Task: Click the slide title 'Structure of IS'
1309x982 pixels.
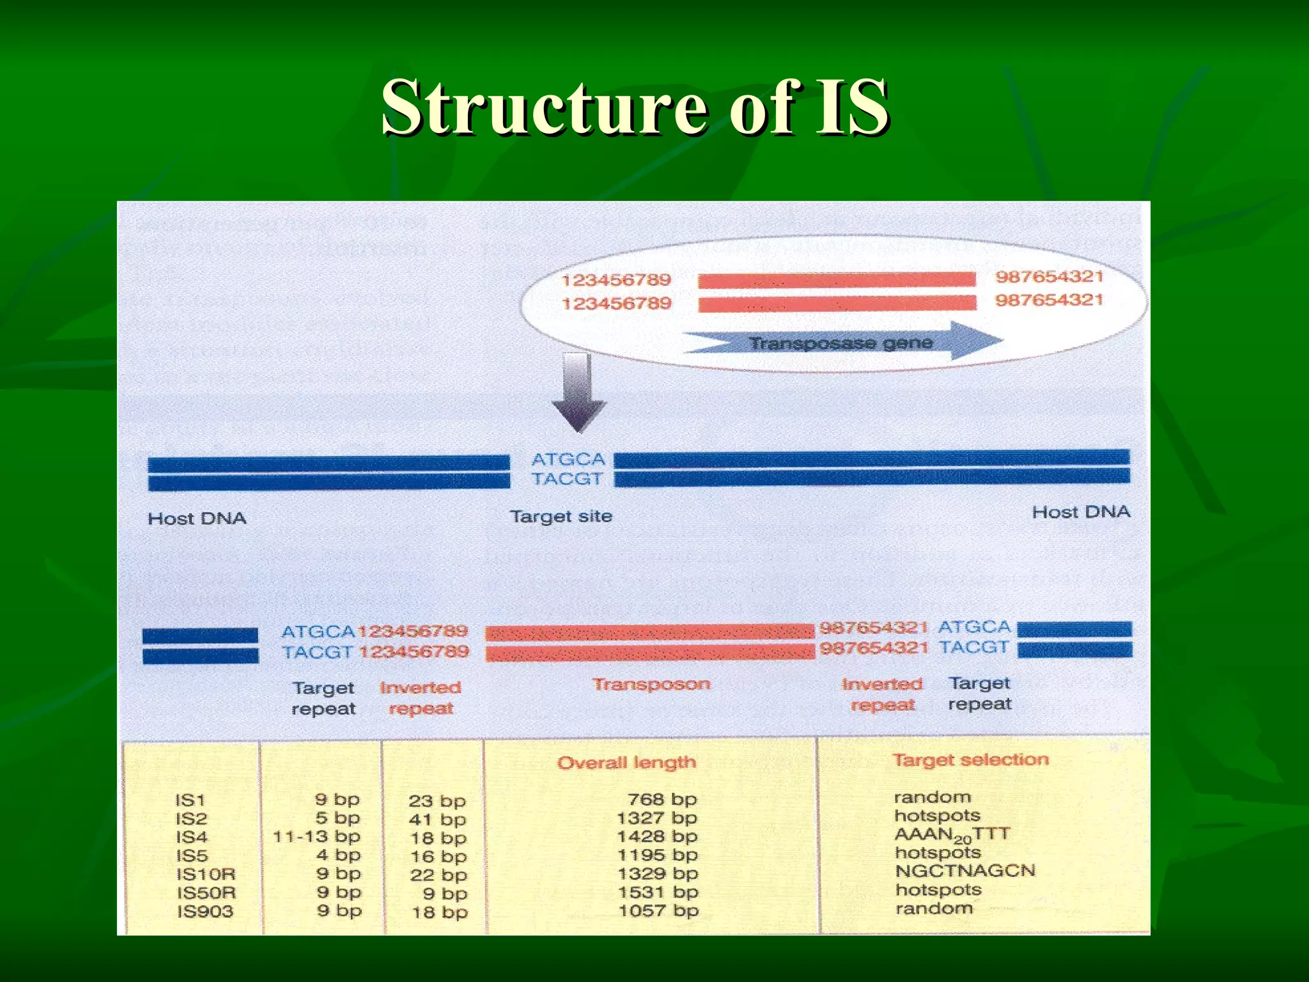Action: pyautogui.click(x=635, y=107)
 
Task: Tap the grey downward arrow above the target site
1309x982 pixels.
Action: pyautogui.click(x=579, y=393)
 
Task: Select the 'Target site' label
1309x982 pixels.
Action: pyautogui.click(x=561, y=516)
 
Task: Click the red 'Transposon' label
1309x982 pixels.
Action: pyautogui.click(x=651, y=684)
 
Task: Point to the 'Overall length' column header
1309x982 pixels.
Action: pyautogui.click(x=626, y=762)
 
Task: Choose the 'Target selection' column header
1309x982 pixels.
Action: pyautogui.click(x=971, y=760)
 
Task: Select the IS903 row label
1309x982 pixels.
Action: pyautogui.click(x=205, y=911)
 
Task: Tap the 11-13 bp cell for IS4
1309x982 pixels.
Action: pyautogui.click(x=317, y=836)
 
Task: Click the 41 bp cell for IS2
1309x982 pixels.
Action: pyautogui.click(x=437, y=819)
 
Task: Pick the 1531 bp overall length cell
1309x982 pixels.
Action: pyautogui.click(x=658, y=892)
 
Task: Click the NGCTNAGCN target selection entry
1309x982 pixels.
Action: pyautogui.click(x=965, y=871)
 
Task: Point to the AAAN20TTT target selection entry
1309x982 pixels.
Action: pyautogui.click(x=952, y=834)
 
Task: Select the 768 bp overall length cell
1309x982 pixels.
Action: pyautogui.click(x=662, y=799)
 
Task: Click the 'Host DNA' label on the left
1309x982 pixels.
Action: pyautogui.click(x=197, y=518)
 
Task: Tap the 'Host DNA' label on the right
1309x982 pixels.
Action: pyautogui.click(x=1081, y=512)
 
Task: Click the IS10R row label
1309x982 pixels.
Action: pyautogui.click(x=206, y=874)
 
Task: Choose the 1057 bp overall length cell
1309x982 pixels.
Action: pyautogui.click(x=658, y=910)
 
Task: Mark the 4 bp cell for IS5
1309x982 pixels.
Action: pyautogui.click(x=338, y=855)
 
